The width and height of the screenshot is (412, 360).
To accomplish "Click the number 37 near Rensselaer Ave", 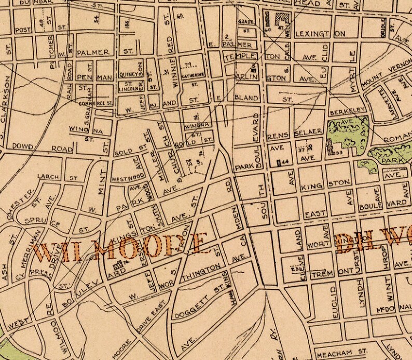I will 301,148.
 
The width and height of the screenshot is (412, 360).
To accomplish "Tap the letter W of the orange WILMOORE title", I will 46,250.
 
